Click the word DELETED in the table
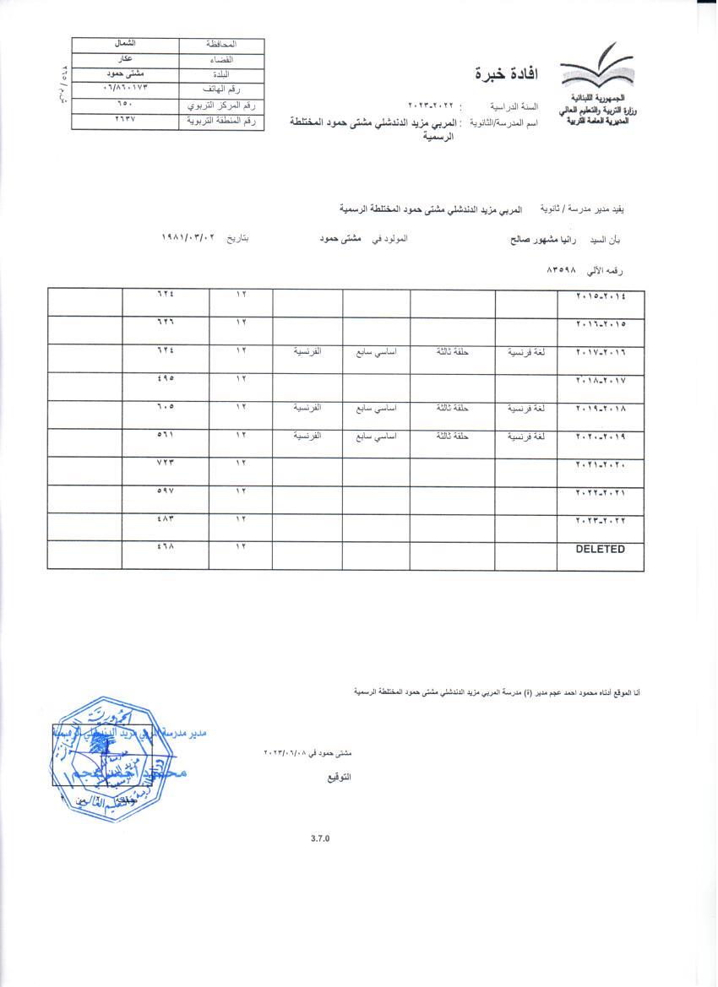(x=600, y=550)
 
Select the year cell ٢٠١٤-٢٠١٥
(x=601, y=296)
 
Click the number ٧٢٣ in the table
(x=165, y=464)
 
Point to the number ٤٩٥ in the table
(x=165, y=379)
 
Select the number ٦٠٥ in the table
(x=165, y=408)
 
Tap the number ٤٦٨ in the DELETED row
(x=165, y=549)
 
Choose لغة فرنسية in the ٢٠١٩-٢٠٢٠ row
(x=526, y=437)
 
